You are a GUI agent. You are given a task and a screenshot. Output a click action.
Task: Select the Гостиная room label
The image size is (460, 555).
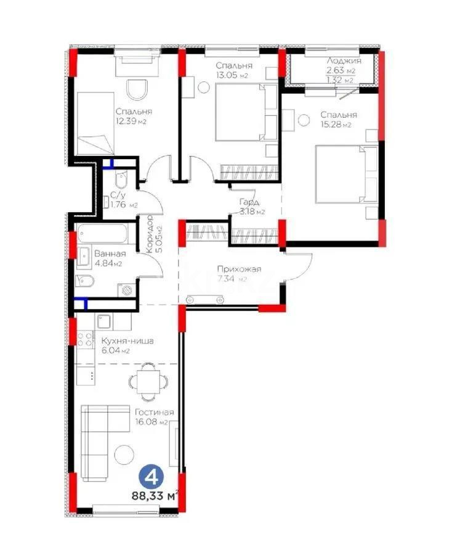(154, 413)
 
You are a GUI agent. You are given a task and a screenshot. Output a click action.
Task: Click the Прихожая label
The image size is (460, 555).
(240, 269)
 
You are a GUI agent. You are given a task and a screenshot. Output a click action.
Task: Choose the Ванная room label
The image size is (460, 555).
(110, 253)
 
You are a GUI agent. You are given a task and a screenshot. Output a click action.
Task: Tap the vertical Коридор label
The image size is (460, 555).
(150, 235)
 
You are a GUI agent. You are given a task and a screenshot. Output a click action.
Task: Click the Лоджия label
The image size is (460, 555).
(344, 61)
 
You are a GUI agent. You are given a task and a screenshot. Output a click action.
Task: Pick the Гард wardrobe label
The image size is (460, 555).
(249, 202)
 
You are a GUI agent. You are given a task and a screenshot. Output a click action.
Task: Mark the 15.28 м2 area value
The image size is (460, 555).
(339, 125)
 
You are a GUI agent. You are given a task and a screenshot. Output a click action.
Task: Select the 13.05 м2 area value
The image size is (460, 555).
(232, 75)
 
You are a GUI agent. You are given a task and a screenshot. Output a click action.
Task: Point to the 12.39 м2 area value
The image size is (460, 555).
(133, 121)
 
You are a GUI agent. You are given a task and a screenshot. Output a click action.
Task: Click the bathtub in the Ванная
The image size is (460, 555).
(103, 235)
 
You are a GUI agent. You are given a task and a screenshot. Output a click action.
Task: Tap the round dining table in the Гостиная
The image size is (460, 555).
(148, 381)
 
